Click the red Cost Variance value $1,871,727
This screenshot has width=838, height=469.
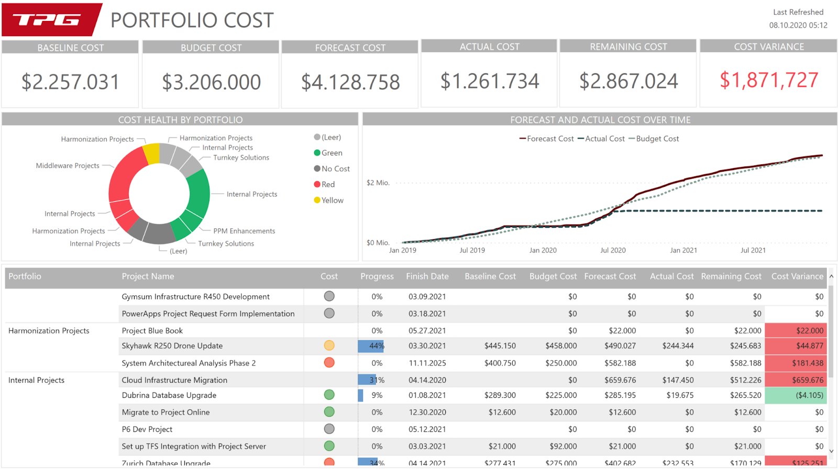[768, 80]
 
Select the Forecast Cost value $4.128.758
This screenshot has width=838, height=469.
[350, 82]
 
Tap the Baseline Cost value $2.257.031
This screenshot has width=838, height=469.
[70, 82]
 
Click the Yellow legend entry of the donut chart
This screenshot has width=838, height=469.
[329, 200]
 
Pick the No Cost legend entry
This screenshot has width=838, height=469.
[332, 169]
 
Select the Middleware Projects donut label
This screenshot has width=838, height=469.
[68, 165]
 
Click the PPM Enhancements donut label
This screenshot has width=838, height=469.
[244, 231]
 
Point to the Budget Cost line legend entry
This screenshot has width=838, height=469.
[654, 139]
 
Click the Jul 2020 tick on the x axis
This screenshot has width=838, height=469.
[613, 250]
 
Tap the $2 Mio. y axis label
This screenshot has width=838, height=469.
[378, 183]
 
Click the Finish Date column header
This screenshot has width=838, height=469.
[427, 276]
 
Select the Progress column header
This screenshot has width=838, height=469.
[377, 276]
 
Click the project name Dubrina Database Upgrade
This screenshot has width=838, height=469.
[169, 395]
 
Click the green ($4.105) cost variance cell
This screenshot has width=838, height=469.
[796, 395]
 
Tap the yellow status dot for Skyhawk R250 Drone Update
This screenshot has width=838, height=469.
[329, 345]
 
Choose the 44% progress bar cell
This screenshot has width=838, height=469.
[371, 345]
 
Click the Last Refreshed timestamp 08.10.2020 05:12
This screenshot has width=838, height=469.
[798, 25]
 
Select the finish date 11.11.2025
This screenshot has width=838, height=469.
[427, 363]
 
